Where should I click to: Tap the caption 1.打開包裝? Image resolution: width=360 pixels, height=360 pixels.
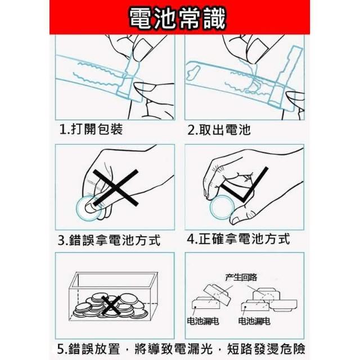point(91,129)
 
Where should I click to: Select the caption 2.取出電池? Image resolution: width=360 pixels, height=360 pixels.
point(219,129)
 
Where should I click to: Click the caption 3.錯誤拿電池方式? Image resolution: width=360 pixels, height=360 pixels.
point(109,240)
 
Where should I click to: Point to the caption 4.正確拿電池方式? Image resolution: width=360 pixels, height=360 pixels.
point(238,238)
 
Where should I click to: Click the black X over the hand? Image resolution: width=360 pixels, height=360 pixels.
point(115,187)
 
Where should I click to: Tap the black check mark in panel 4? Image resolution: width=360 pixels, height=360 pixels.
point(245,184)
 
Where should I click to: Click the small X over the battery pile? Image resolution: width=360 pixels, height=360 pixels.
point(111,305)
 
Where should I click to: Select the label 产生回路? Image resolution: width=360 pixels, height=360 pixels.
point(241,277)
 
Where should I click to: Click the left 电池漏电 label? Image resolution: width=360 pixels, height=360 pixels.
point(203,321)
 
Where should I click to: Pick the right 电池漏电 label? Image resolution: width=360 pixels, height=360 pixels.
point(254,321)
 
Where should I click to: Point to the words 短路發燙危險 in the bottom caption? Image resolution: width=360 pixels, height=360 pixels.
point(266,349)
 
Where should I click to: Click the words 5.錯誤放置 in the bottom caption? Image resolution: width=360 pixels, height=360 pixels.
point(89,349)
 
